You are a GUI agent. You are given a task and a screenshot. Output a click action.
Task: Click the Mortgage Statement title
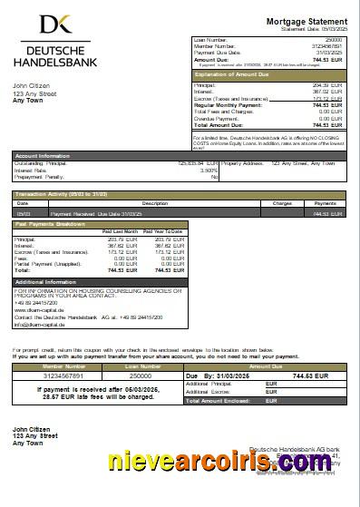306,21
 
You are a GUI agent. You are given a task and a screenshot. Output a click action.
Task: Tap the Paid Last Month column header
120,232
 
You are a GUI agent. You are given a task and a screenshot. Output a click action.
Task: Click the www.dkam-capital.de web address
38,310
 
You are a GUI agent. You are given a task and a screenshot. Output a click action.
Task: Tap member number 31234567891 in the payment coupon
52,375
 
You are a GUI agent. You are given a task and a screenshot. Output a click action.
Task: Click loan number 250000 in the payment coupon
141,375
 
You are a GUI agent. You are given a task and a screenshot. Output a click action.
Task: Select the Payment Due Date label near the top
214,52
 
